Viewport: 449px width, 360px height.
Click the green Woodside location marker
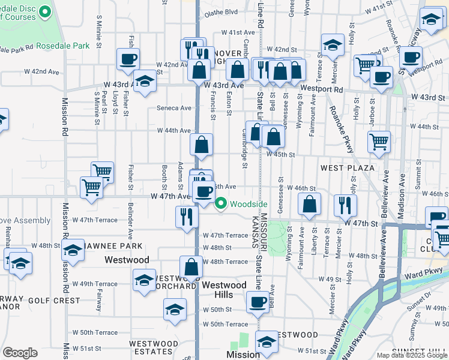point(221,204)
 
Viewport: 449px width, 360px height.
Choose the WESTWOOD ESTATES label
point(154,348)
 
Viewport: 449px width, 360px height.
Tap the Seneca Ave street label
point(173,109)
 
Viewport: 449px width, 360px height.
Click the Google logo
point(20,353)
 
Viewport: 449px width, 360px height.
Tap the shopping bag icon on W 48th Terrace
point(191,267)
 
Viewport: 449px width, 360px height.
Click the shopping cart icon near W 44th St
point(379,142)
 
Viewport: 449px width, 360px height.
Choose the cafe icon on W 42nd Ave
point(128,59)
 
